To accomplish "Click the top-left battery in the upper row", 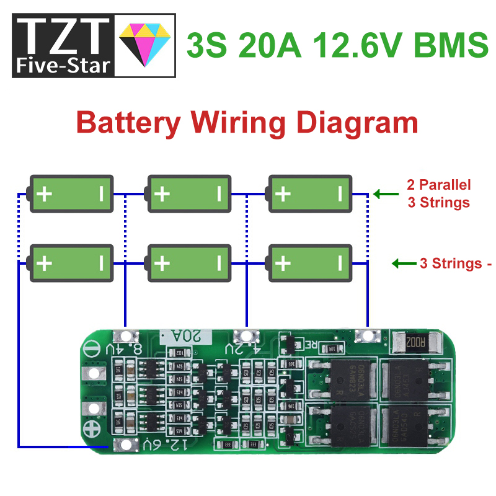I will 72,194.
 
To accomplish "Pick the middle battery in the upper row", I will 189,194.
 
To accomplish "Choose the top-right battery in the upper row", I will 310,194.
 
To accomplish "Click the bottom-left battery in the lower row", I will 72,263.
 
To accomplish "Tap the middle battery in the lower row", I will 189,263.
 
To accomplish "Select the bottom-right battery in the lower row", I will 310,263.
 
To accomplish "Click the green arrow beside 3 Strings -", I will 403,263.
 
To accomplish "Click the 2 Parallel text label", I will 439,185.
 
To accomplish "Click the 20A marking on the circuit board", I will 186,336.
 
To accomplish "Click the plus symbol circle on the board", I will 92,428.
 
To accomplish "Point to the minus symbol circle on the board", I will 91,349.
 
